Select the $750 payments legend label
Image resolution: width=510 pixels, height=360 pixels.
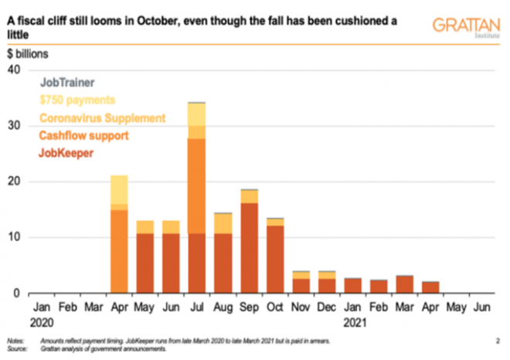[x=76, y=100]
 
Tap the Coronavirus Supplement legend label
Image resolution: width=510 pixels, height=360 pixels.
[x=102, y=118]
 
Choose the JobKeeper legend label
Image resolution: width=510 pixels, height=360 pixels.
[x=66, y=154]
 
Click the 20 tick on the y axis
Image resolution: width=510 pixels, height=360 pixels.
[x=14, y=182]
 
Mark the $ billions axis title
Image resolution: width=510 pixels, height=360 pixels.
[x=28, y=55]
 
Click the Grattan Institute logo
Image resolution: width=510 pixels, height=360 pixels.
[x=465, y=26]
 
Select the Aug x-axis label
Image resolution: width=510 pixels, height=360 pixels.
[x=223, y=307]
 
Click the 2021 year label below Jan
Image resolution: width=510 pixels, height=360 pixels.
[x=354, y=321]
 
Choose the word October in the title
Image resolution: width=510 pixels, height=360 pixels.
[x=160, y=21]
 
